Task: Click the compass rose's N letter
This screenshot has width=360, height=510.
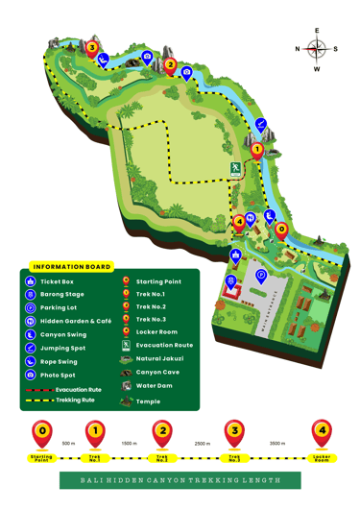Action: click(x=298, y=49)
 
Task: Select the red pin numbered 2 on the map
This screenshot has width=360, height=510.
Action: click(x=170, y=66)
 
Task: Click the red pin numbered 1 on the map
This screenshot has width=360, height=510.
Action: click(x=256, y=149)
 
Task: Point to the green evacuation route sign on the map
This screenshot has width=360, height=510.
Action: click(x=234, y=169)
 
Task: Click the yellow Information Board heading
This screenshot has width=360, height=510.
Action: click(x=72, y=267)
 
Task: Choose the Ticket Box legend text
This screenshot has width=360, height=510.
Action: click(x=57, y=281)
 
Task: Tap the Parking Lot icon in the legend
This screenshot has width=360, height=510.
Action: click(x=31, y=308)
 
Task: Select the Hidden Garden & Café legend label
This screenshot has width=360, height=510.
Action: click(x=75, y=322)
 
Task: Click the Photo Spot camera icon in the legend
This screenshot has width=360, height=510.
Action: click(x=31, y=375)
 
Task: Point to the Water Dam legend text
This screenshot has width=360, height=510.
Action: click(x=154, y=385)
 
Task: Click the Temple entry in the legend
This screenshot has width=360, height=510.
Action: click(x=148, y=401)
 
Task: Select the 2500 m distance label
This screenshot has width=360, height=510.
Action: click(x=202, y=444)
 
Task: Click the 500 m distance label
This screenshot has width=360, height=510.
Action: click(x=68, y=444)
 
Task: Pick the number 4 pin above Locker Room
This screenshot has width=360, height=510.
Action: click(x=323, y=431)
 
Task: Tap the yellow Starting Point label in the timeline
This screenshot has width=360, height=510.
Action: click(x=41, y=458)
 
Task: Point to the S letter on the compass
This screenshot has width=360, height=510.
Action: click(x=335, y=49)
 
